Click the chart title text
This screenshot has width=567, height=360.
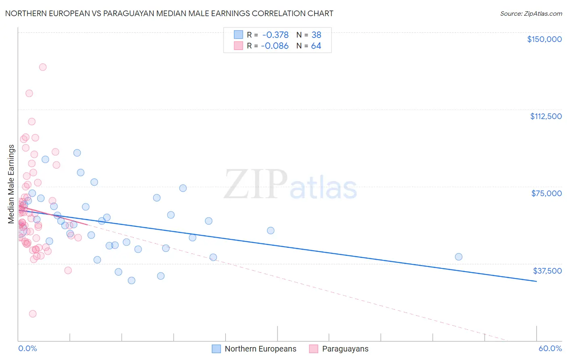pos(169,13)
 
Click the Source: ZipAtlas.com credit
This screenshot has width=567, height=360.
pos(531,14)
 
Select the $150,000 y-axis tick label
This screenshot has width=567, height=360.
pos(544,39)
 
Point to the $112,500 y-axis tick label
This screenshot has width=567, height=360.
pos(546,116)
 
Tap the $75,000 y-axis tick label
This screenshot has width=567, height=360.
pos(546,193)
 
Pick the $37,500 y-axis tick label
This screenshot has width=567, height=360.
pos(547,271)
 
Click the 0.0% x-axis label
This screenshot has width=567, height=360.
pos(27,348)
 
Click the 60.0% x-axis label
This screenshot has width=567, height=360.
pos(550,348)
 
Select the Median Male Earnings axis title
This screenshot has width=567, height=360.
pos(11,184)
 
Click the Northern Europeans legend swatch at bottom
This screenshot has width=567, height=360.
pos(216,349)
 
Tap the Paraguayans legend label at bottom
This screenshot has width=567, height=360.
pos(345,349)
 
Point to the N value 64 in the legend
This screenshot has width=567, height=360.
pos(316,46)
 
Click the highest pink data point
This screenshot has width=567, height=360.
pos(43,67)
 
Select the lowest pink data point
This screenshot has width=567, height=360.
pos(33,314)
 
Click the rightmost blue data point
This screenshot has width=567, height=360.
pos(459,257)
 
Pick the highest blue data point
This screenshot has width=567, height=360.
pos(77,153)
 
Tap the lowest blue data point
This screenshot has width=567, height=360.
pos(131,280)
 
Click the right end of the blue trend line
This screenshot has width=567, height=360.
pos(536,281)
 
